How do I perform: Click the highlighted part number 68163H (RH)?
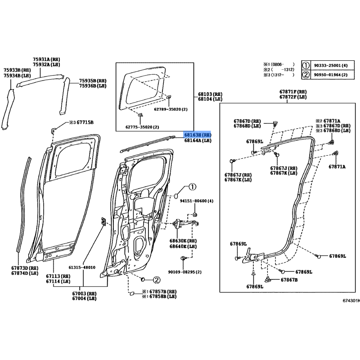click(198, 135)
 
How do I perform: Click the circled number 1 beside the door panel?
click(193, 187)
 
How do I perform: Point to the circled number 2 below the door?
click(157, 280)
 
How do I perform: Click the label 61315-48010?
click(82, 267)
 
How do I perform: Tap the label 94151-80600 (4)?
click(197, 201)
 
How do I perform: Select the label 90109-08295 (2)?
click(185, 272)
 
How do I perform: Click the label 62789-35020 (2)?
click(171, 109)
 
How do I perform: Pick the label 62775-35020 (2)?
click(142, 127)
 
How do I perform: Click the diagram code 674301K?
click(351, 301)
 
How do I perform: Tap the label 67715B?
click(85, 122)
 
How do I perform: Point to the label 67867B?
click(289, 280)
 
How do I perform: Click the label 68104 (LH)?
click(210, 99)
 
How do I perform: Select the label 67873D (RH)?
click(25, 268)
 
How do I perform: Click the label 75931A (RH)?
click(46, 59)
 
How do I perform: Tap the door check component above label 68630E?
click(185, 224)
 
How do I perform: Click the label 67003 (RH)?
click(84, 293)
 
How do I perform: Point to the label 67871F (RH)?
click(293, 92)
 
